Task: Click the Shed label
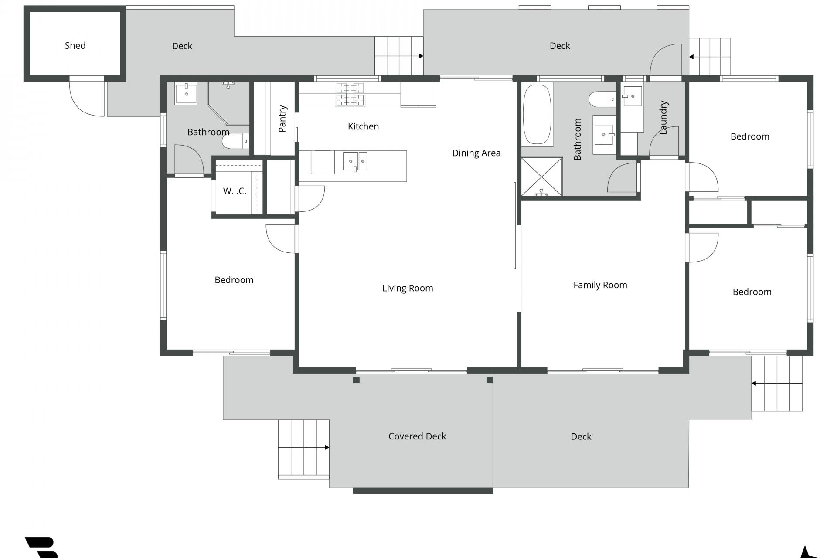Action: [x=75, y=45]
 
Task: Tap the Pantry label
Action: [x=282, y=119]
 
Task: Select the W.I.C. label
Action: [x=235, y=191]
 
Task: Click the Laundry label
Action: [x=663, y=118]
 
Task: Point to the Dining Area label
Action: [x=476, y=153]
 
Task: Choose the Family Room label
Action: [x=600, y=285]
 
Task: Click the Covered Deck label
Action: [x=417, y=436]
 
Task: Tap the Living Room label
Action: [x=408, y=288]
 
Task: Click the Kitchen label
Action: [x=363, y=126]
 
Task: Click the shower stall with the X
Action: [x=542, y=177]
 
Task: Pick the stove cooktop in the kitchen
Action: [x=350, y=95]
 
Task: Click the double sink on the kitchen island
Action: [x=355, y=161]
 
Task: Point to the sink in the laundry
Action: [x=632, y=96]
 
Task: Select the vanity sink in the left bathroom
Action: [x=186, y=94]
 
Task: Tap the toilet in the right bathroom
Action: [x=602, y=99]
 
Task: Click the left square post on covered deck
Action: [x=356, y=380]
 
